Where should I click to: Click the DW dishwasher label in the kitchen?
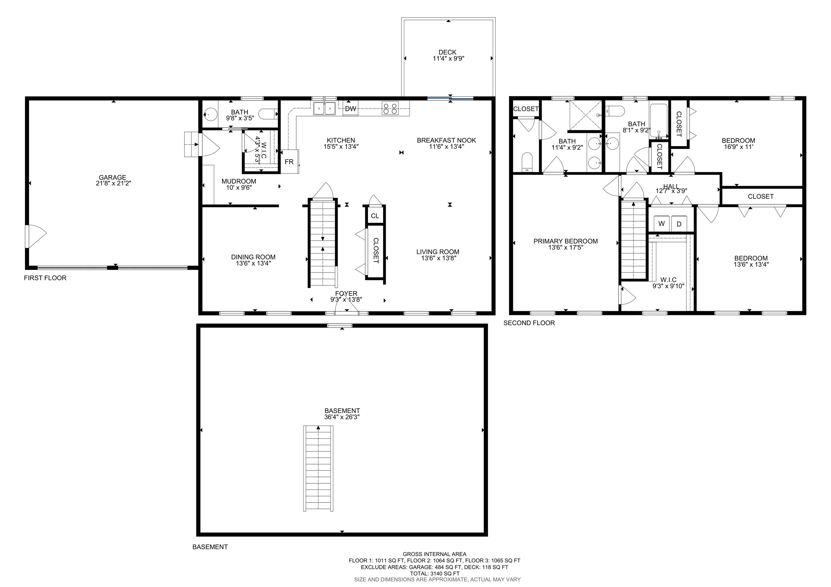(350, 108)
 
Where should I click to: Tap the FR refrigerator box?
(289, 161)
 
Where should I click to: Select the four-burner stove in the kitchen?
(390, 108)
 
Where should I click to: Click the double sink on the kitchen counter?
(325, 108)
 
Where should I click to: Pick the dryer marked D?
(679, 224)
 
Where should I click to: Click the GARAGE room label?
(113, 177)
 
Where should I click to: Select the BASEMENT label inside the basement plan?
(342, 410)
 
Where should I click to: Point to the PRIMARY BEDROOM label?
(566, 241)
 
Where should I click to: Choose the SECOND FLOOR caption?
(529, 323)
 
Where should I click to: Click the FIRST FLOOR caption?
(45, 278)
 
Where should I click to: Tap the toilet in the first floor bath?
(268, 114)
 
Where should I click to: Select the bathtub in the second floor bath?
(659, 121)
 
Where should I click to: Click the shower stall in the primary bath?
(586, 115)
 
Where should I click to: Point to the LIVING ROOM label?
(438, 252)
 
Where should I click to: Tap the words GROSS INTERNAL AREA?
(435, 554)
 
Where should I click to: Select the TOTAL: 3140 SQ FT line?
(435, 573)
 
